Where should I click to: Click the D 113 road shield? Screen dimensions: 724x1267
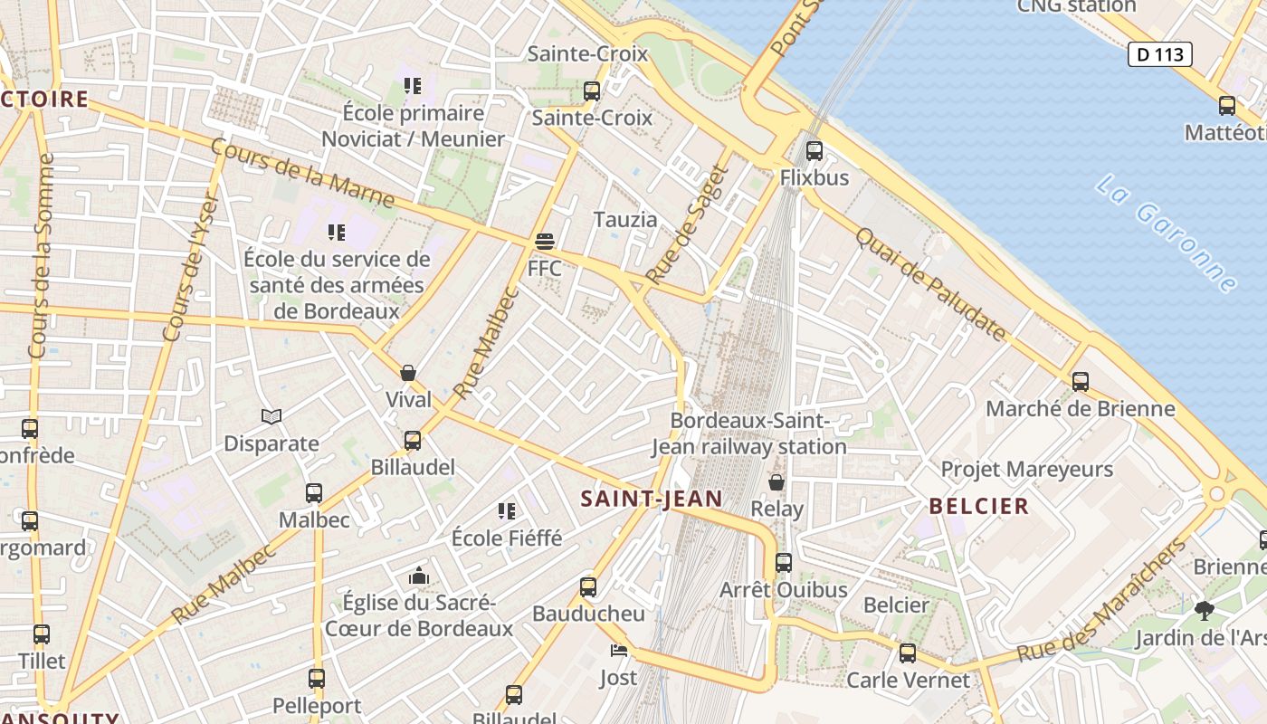point(1159,54)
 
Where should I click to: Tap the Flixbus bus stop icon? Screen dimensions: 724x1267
point(814,151)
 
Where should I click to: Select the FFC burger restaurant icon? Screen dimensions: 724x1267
point(544,243)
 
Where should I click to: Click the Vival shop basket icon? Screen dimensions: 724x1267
point(408,373)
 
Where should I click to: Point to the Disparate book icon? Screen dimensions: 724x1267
point(271,416)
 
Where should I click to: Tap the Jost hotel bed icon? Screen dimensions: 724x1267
point(618,651)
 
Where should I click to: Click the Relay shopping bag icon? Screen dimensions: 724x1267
point(776,481)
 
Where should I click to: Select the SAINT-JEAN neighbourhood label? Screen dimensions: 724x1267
point(652,499)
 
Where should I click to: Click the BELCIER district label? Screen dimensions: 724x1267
point(979,506)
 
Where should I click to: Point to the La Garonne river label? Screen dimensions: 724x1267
point(1166,233)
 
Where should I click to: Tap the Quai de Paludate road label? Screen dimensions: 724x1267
point(930,284)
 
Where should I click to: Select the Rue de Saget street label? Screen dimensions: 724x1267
point(687,224)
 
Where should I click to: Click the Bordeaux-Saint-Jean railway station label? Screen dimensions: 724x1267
point(749,433)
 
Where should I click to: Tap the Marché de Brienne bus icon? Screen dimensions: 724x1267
point(1080,381)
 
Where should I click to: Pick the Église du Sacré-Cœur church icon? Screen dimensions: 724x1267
point(418,576)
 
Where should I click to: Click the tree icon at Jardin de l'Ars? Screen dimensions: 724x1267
point(1204,611)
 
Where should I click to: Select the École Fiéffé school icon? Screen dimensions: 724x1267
point(507,511)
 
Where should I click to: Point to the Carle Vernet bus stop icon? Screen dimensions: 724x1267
point(908,653)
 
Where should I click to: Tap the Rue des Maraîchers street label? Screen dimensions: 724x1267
point(1100,602)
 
